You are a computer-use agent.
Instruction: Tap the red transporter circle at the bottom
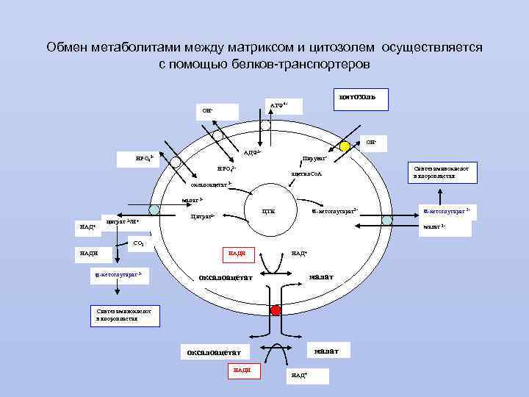coord(276,310)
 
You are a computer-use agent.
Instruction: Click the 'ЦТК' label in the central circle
coord(268,212)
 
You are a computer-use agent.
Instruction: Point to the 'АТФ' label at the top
coord(278,106)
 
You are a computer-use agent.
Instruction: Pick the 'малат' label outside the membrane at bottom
coord(325,351)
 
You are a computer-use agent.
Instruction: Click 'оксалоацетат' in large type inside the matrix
coord(226,277)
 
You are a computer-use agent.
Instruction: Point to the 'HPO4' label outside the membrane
coord(143,158)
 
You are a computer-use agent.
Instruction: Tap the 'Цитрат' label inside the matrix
coord(202,217)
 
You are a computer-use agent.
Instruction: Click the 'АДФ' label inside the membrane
coord(252,153)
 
